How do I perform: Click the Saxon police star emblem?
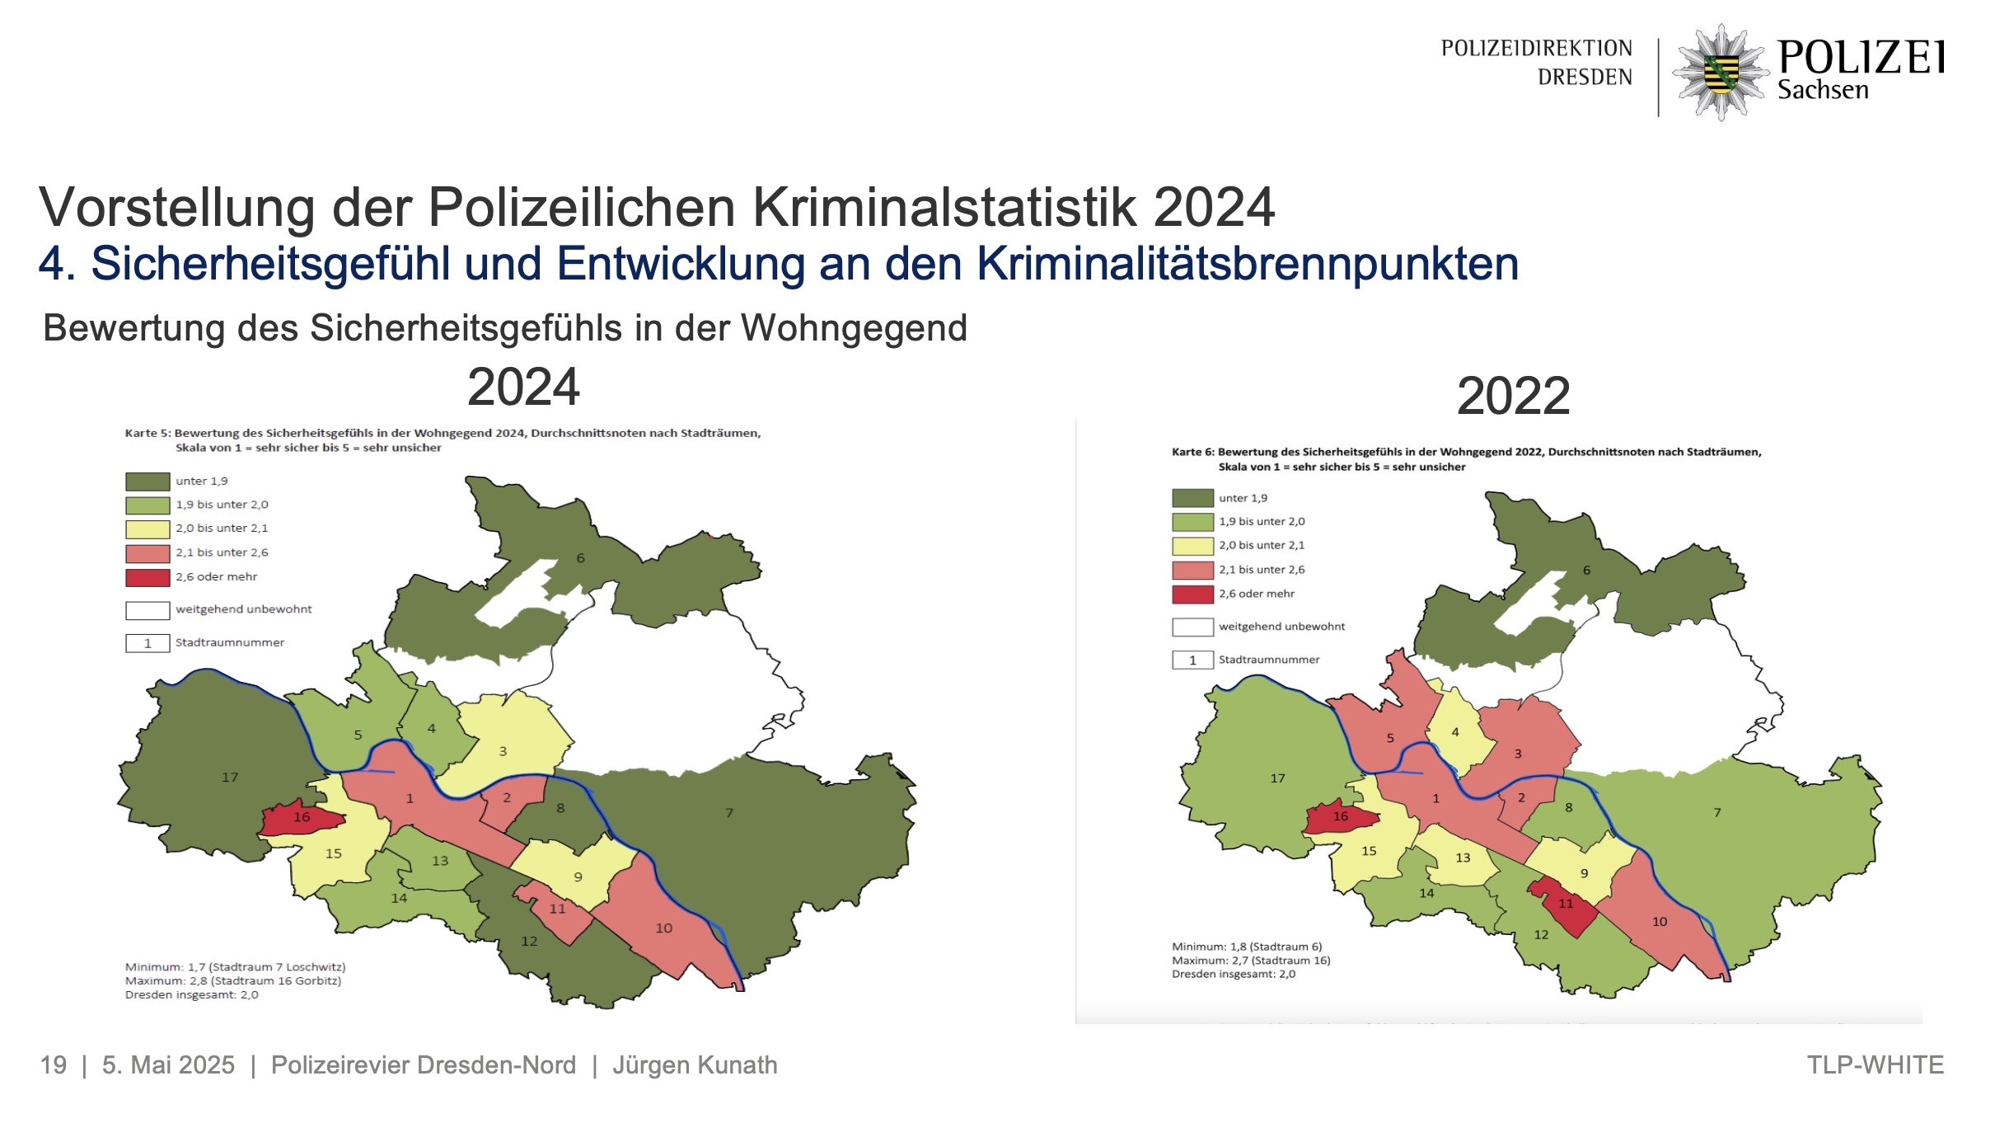(x=1721, y=72)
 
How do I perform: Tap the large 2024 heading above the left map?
(x=523, y=388)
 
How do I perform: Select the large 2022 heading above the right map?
(x=1513, y=397)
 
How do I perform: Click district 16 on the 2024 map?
(x=302, y=818)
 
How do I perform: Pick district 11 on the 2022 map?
(x=1565, y=905)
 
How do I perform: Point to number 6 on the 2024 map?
(x=580, y=558)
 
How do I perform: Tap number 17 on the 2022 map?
(x=1277, y=778)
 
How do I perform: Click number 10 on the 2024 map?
(x=663, y=928)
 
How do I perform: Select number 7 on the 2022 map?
(x=1717, y=813)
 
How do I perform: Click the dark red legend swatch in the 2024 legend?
(x=148, y=577)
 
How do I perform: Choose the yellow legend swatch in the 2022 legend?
(x=1192, y=546)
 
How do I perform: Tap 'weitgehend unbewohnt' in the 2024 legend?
(x=243, y=609)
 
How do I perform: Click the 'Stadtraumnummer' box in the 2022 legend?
(x=1192, y=660)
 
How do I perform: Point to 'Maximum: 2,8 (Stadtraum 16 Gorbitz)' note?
(x=233, y=981)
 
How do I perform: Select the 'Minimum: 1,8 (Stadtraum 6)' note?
(x=1247, y=947)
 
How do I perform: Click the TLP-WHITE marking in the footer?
(x=1875, y=1065)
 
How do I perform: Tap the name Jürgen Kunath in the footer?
(x=695, y=1065)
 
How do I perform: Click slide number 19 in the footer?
(x=54, y=1065)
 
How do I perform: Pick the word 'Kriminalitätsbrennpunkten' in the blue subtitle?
(x=1247, y=265)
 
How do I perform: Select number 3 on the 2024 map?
(x=503, y=752)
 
